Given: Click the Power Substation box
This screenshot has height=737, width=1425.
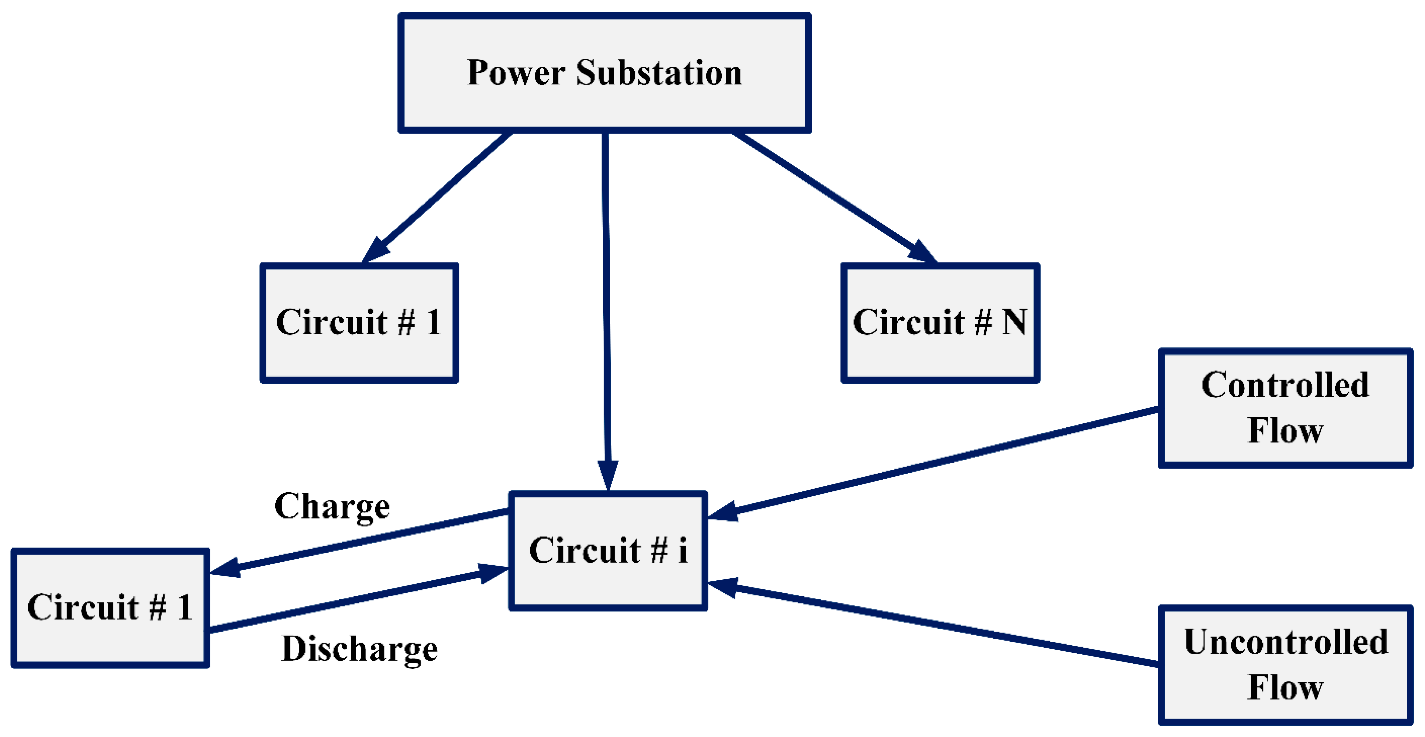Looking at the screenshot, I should (605, 73).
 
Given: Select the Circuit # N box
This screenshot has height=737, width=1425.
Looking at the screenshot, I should (940, 323).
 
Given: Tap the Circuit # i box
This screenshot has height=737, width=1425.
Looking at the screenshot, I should (608, 551).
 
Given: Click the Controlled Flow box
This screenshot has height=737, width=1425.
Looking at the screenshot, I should (1285, 408).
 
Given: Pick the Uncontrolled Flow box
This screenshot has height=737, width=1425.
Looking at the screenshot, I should (1285, 664).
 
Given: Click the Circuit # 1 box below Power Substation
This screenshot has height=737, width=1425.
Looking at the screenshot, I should (359, 323).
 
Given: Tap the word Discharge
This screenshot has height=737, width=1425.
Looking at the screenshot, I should (360, 648).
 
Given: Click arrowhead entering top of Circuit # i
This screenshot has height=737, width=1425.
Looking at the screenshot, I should (608, 476).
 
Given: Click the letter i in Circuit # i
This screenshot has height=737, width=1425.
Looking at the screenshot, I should (683, 551).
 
